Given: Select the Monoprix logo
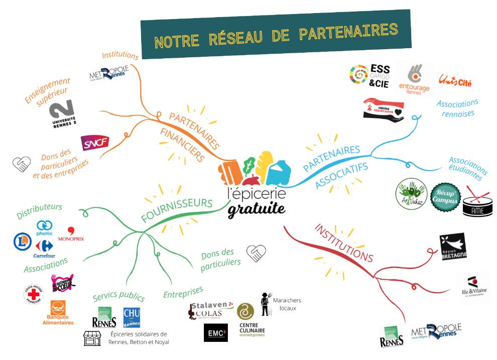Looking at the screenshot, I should point(71,234).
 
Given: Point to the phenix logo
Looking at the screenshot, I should point(44,228).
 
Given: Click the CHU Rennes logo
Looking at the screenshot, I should point(132,317).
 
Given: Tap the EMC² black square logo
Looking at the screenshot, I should point(215,332).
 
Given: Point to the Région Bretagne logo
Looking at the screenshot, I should point(453,246).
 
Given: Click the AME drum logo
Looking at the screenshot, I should point(477,201).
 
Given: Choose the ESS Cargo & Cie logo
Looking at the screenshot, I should point(370,75).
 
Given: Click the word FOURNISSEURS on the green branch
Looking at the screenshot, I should point(177,209).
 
